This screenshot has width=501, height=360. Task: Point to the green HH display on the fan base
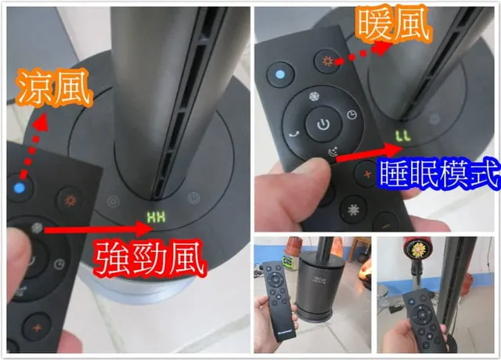[159, 215]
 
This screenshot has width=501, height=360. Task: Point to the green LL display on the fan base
[402, 136]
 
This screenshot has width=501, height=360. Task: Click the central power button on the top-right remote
[323, 124]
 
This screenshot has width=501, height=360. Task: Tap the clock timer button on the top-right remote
[351, 114]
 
